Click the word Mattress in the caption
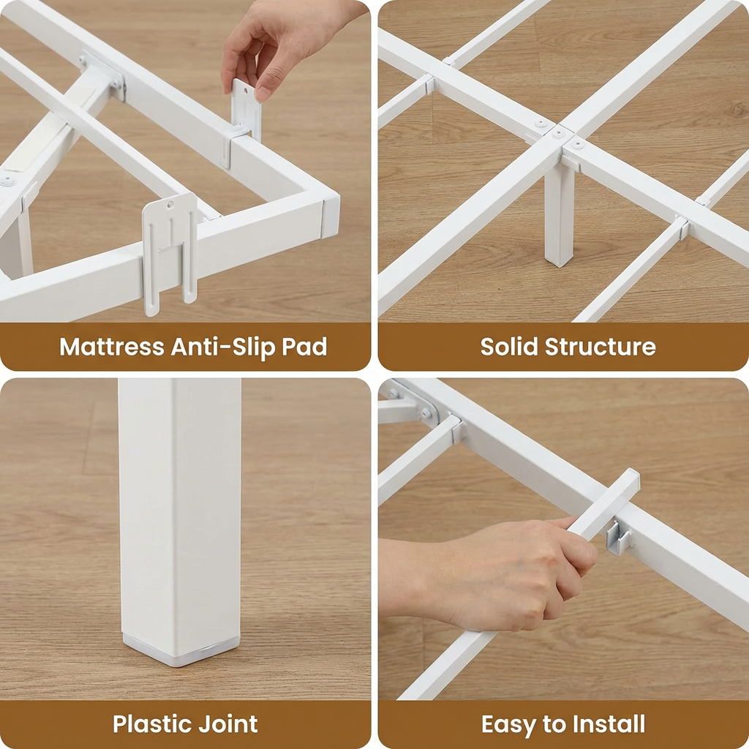point(111,346)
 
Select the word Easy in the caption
point(508,724)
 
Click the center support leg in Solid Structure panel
point(560,216)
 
